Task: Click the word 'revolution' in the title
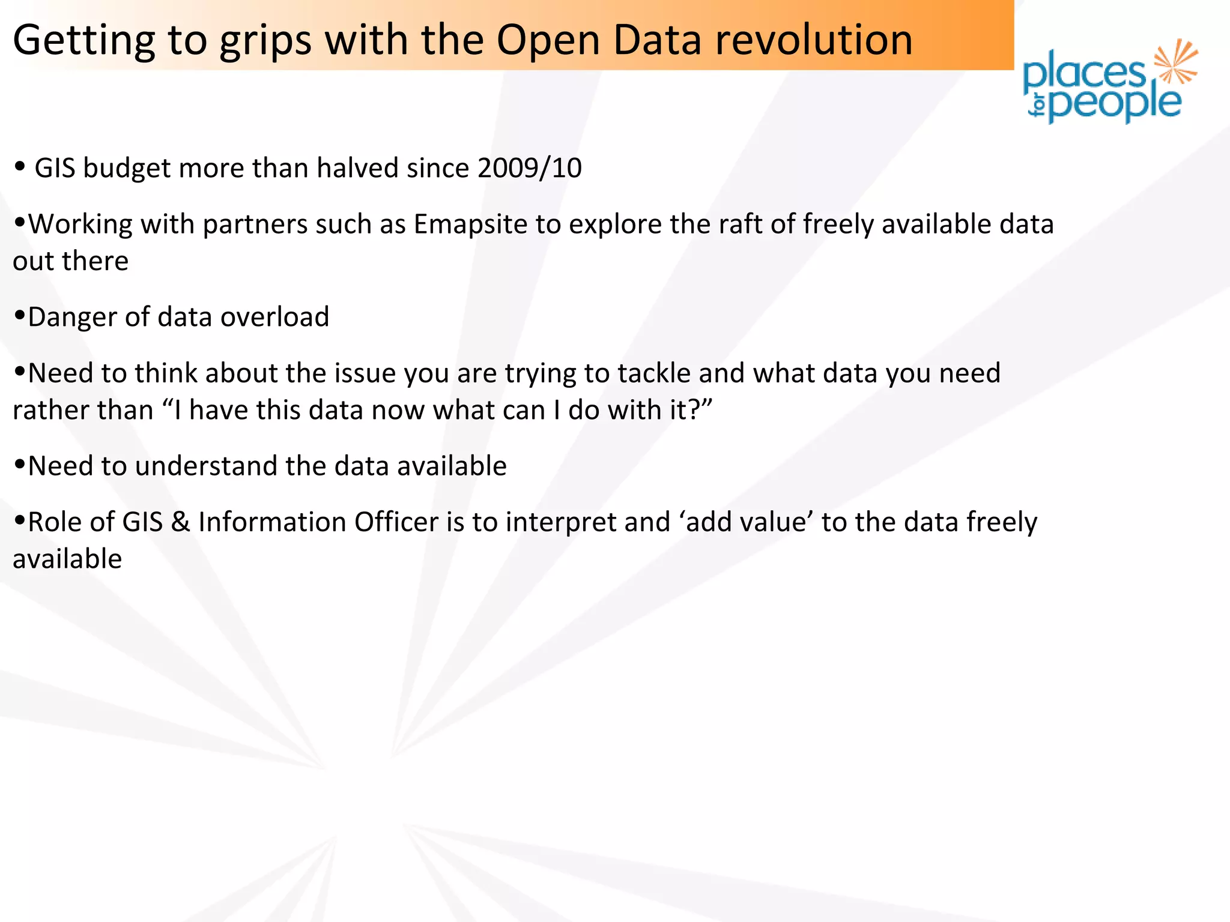814,40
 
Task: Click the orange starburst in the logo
1176,61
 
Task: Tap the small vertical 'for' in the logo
1037,105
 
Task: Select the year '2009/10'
530,168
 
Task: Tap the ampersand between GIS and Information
180,522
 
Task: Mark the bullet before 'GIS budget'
20,166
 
